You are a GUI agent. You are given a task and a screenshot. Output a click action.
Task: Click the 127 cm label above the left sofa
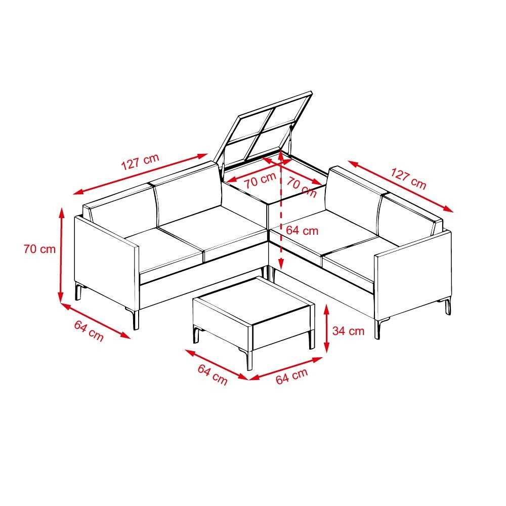tap(140, 161)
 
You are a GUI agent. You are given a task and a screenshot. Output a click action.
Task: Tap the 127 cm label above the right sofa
tap(408, 179)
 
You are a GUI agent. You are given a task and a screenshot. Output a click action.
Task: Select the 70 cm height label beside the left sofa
tap(39, 249)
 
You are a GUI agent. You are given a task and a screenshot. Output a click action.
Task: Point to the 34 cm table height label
tap(348, 331)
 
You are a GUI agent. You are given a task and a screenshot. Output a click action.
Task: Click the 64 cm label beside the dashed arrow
tap(302, 230)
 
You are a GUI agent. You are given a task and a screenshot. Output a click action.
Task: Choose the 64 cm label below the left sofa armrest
tap(89, 331)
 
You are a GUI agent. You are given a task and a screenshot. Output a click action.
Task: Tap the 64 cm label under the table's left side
tap(213, 374)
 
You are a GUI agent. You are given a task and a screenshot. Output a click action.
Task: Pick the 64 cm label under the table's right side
tap(292, 376)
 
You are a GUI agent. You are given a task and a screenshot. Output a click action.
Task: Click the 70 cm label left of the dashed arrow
tap(260, 180)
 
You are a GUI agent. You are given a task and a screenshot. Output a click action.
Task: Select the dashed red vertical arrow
tap(281, 210)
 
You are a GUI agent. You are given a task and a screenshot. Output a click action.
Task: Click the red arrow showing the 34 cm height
tap(326, 328)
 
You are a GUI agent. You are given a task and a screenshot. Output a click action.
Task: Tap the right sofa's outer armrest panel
tap(413, 274)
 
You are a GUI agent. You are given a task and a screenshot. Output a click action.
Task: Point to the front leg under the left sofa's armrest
tap(135, 319)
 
